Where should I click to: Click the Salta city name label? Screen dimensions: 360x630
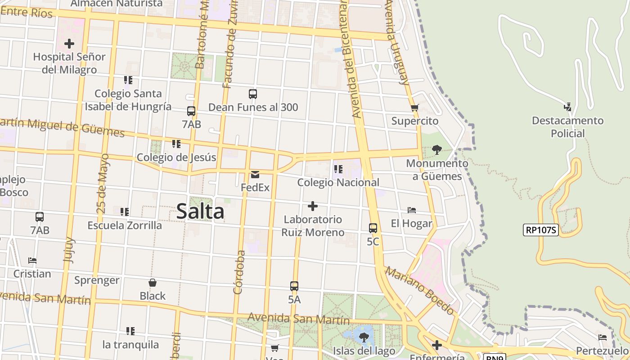point(200,211)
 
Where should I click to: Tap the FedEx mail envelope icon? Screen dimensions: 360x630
point(255,175)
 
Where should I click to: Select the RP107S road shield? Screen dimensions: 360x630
point(541,230)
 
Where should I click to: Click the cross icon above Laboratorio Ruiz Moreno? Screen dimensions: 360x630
point(313,207)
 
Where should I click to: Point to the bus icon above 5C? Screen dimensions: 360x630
point(373,228)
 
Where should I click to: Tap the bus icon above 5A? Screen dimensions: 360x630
point(294,286)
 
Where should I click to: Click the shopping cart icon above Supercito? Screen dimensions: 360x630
point(414,108)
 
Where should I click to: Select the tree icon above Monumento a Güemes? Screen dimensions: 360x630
point(436,150)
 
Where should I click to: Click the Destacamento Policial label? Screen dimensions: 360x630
point(567,127)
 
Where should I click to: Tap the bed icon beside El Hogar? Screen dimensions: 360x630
point(412,210)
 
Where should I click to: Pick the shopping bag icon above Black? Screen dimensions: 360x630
point(153,283)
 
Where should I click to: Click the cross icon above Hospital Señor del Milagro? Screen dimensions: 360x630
point(69,44)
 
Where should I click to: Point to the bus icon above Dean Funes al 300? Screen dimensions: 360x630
point(253,94)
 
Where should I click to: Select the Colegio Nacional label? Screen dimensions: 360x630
point(338,183)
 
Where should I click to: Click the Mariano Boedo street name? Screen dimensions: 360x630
point(419,291)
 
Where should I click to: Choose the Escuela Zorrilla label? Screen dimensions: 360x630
point(125,225)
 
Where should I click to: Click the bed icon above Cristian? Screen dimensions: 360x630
point(32,261)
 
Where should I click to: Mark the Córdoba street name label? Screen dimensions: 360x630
point(239,272)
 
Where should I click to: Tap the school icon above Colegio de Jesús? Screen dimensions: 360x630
point(176,144)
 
